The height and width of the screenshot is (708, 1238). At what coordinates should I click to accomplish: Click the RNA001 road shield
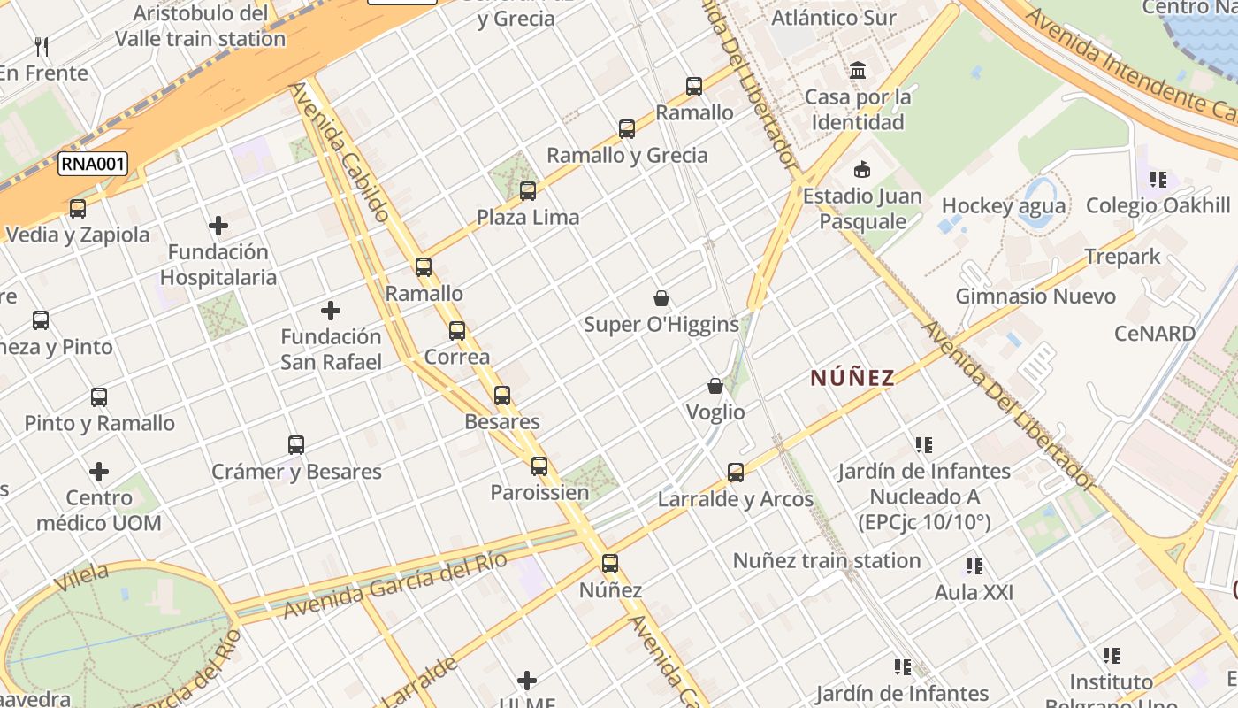pos(93,164)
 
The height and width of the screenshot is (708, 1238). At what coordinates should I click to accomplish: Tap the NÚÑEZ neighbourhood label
pos(852,379)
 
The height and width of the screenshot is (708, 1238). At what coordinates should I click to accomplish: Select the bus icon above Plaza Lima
pos(528,190)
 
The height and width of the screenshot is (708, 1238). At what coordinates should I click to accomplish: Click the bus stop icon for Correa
pos(457,331)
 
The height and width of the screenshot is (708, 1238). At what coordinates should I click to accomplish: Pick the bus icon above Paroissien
pos(539,466)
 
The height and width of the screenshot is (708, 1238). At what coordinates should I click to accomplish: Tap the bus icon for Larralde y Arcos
pos(736,473)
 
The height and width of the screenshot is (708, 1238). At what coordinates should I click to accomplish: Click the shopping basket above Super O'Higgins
pos(661,298)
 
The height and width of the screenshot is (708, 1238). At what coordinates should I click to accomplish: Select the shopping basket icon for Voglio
pos(715,386)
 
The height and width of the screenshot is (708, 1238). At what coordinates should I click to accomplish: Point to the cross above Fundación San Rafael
pos(331,311)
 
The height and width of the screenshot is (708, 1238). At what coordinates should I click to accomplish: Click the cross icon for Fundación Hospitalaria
pos(218,227)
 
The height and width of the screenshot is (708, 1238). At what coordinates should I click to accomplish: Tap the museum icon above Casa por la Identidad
pos(858,70)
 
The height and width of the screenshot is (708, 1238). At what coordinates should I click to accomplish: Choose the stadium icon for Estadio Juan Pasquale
pos(862,169)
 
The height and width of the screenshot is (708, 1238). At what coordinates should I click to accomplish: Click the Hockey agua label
pos(1004,206)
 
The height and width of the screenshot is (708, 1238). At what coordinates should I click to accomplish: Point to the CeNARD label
pos(1155,334)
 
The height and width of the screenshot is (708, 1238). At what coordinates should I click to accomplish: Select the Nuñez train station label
pos(827,560)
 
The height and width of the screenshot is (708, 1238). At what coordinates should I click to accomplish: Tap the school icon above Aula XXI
pos(974,566)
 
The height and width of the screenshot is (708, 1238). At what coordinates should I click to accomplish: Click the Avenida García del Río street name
pos(394,585)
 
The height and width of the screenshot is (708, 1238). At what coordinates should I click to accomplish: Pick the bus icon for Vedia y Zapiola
pos(78,209)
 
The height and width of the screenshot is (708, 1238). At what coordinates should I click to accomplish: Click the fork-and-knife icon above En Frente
pos(42,46)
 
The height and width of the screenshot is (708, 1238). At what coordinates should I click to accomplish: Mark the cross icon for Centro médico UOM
pos(99,472)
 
